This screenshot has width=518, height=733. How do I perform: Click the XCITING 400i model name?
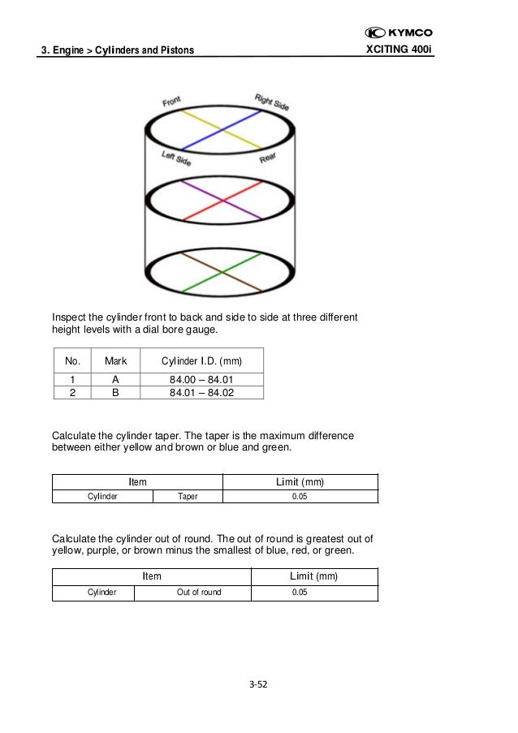pyautogui.click(x=400, y=51)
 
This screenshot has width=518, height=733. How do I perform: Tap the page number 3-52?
pyautogui.click(x=258, y=684)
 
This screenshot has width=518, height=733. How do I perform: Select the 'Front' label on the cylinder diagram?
pyautogui.click(x=171, y=101)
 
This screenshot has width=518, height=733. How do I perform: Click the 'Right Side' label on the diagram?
pyautogui.click(x=271, y=102)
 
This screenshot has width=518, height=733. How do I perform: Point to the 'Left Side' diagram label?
pyautogui.click(x=176, y=157)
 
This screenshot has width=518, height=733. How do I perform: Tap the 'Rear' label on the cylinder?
pyautogui.click(x=269, y=158)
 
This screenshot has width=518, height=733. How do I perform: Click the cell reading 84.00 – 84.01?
pyautogui.click(x=201, y=379)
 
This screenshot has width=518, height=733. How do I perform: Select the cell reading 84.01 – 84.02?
pyautogui.click(x=201, y=393)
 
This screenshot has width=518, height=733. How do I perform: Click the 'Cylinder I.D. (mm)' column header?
pyautogui.click(x=201, y=360)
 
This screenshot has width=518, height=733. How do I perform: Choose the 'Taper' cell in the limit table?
pyautogui.click(x=187, y=496)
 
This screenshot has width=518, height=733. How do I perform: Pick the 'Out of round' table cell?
pyautogui.click(x=199, y=592)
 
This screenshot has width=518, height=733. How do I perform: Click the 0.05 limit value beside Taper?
pyautogui.click(x=300, y=496)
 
